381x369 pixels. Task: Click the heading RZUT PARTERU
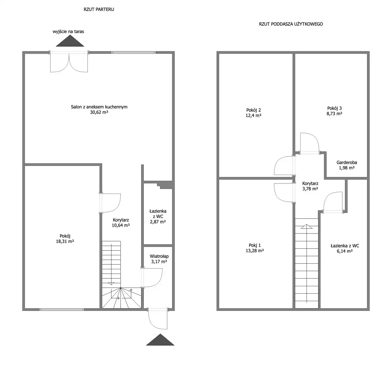[99, 10]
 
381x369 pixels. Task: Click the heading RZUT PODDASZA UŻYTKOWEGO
[291, 24]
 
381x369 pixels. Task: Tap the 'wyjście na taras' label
[68, 32]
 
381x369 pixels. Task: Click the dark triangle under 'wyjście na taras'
[70, 42]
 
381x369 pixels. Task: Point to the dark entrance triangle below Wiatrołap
[160, 340]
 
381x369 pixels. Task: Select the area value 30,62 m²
[99, 112]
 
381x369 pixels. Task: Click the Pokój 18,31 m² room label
[65, 239]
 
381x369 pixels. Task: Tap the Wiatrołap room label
[159, 256]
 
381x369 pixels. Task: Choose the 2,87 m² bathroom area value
[158, 222]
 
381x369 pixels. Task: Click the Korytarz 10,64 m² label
[121, 222]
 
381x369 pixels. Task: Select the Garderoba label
[347, 163]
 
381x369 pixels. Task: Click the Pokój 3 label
[335, 108]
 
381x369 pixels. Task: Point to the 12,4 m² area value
[254, 116]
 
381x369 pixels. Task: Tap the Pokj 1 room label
[255, 245]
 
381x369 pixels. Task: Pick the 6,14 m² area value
[345, 251]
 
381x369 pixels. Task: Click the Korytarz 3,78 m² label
[310, 186]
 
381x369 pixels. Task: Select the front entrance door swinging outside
[158, 318]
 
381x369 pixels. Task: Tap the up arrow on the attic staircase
[307, 226]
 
